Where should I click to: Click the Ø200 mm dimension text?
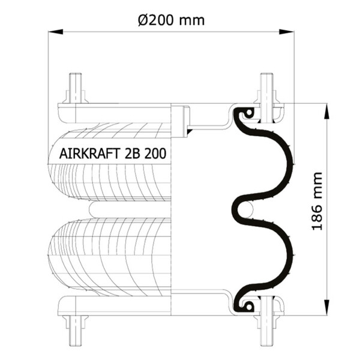click(171, 20)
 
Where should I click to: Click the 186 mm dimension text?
click(317, 201)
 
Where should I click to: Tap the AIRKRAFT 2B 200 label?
click(113, 154)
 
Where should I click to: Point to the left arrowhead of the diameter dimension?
click(56, 32)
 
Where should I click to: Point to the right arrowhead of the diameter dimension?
click(286, 32)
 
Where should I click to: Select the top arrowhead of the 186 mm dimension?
click(326, 111)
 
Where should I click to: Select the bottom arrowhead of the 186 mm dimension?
click(326, 307)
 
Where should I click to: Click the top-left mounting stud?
click(76, 88)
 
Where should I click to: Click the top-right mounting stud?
click(266, 88)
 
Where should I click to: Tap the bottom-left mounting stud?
click(76, 330)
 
